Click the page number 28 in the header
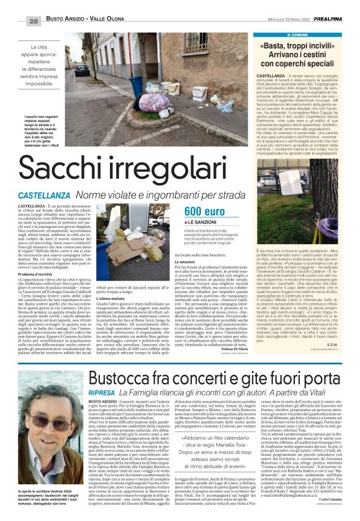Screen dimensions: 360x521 tap(16, 4)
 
